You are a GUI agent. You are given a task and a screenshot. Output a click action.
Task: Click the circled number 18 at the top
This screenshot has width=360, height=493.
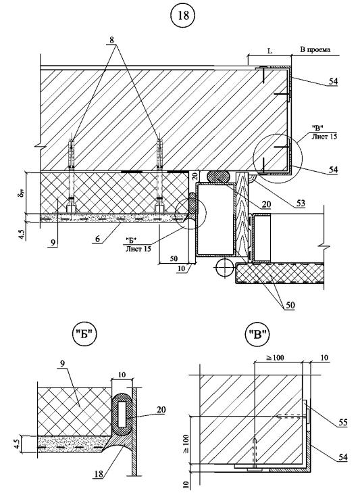(184, 16)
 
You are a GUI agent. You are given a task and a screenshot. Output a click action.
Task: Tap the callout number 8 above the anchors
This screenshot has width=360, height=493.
(112, 41)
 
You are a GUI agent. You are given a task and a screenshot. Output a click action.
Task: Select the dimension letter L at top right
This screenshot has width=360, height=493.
(270, 51)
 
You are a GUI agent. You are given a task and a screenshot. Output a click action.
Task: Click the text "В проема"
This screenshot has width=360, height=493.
(315, 49)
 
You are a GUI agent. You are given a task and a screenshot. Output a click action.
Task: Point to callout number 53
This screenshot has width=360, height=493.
(301, 204)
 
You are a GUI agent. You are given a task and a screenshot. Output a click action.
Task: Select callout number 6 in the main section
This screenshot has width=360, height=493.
(98, 239)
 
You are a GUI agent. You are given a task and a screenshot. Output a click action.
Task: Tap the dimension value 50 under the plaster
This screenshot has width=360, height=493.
(173, 259)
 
